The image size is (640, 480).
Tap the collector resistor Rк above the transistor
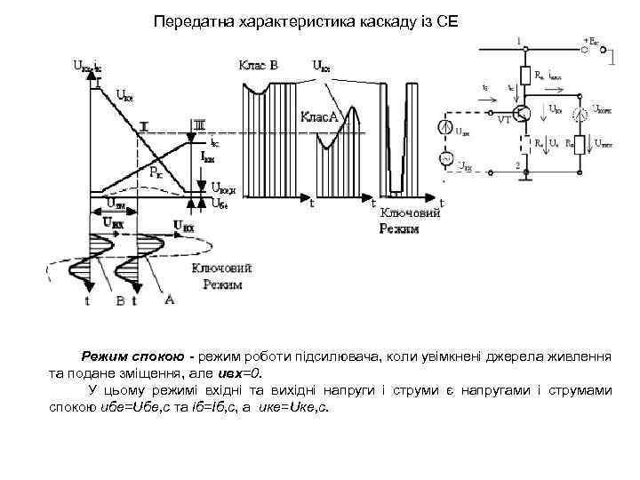(527, 75)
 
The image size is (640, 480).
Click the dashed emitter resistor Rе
(527, 142)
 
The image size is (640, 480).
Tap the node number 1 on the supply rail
(518, 40)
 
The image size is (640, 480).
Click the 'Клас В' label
(258, 64)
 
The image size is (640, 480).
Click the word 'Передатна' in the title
(188, 20)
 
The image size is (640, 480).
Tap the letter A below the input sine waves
(169, 300)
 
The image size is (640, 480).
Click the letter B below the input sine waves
(120, 301)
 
